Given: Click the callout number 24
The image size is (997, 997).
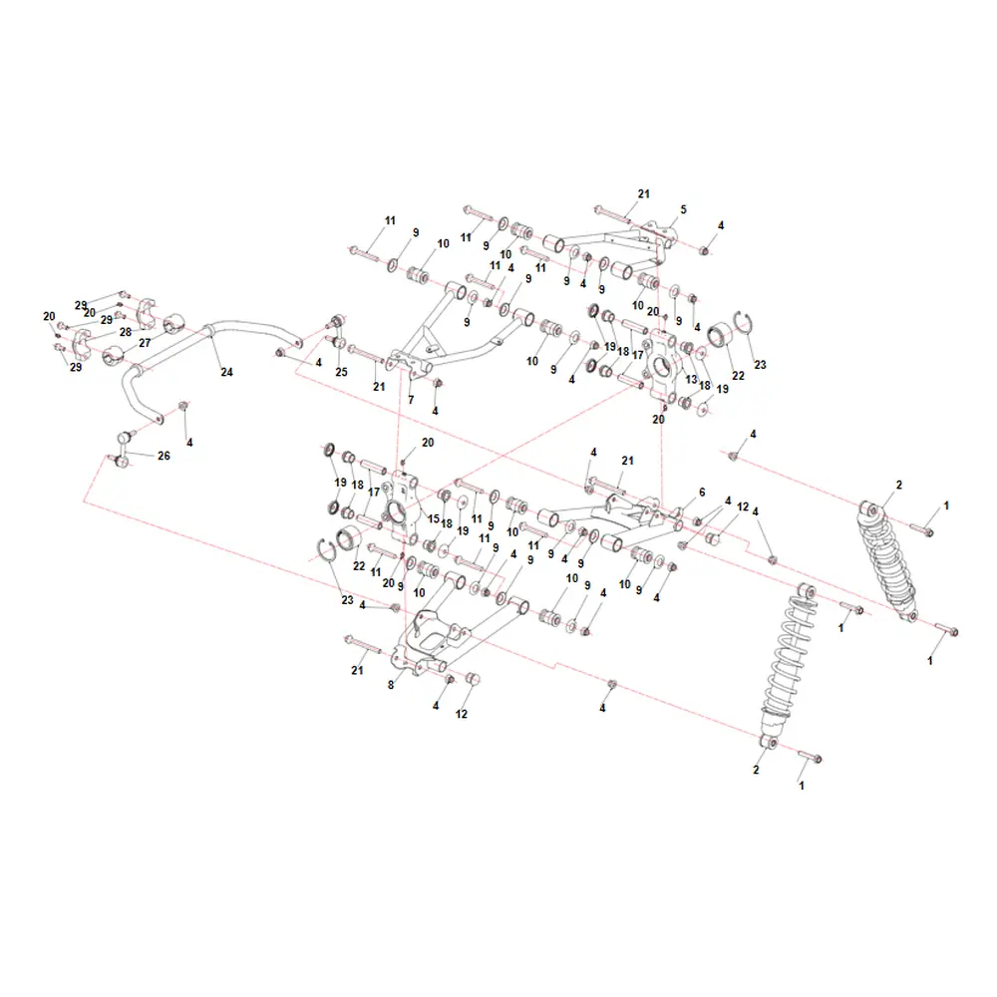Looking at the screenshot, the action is pyautogui.click(x=227, y=372).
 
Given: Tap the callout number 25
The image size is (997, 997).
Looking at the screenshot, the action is pyautogui.click(x=341, y=372).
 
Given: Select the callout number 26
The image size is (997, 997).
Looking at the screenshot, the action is pyautogui.click(x=165, y=456).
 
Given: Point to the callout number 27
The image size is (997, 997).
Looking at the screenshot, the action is pyautogui.click(x=145, y=343).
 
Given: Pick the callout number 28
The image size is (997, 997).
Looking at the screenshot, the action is pyautogui.click(x=126, y=332).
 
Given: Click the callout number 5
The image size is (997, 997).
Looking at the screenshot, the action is pyautogui.click(x=684, y=209).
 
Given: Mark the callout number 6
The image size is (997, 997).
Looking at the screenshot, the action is pyautogui.click(x=702, y=493).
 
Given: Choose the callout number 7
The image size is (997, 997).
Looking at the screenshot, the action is pyautogui.click(x=411, y=400).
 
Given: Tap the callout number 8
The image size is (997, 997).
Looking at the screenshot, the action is pyautogui.click(x=391, y=686).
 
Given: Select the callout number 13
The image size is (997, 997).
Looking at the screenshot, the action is pyautogui.click(x=691, y=380).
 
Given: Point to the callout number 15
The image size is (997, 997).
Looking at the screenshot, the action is pyautogui.click(x=434, y=518).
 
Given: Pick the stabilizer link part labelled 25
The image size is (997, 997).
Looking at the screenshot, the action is pyautogui.click(x=337, y=331).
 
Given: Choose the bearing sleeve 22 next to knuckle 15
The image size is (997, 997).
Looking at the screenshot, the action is pyautogui.click(x=348, y=539).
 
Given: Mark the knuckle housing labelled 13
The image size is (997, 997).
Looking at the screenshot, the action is pyautogui.click(x=662, y=366).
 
